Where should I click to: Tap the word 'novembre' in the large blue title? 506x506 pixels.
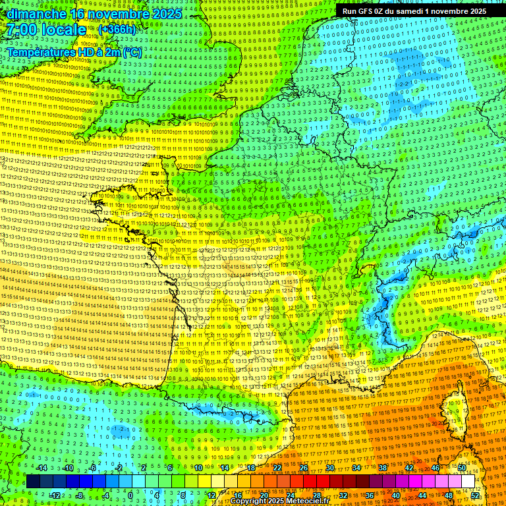[119, 13]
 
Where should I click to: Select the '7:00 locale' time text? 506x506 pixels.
[45, 30]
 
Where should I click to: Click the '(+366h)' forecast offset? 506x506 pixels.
[117, 30]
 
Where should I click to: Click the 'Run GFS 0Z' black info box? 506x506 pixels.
[414, 11]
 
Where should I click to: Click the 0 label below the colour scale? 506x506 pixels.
[130, 495]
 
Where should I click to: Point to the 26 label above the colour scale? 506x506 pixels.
[304, 468]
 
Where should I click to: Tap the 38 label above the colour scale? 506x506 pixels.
[383, 468]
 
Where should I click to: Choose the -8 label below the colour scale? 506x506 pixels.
[79, 495]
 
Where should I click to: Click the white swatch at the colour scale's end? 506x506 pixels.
[468, 482]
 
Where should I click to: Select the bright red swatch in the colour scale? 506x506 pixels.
[310, 482]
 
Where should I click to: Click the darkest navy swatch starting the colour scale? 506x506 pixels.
[33, 482]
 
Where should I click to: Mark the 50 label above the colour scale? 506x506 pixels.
[462, 468]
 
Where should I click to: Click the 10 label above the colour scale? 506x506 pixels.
[198, 468]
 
